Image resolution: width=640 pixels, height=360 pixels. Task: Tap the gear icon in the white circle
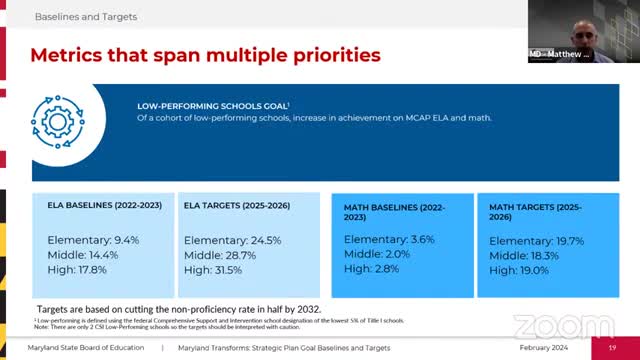56,116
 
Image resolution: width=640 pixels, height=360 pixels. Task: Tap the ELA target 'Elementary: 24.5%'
233,241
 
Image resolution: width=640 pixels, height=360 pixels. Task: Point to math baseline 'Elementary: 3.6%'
391,240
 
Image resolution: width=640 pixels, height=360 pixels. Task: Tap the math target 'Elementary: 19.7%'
537,241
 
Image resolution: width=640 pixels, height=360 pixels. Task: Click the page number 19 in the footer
612,347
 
